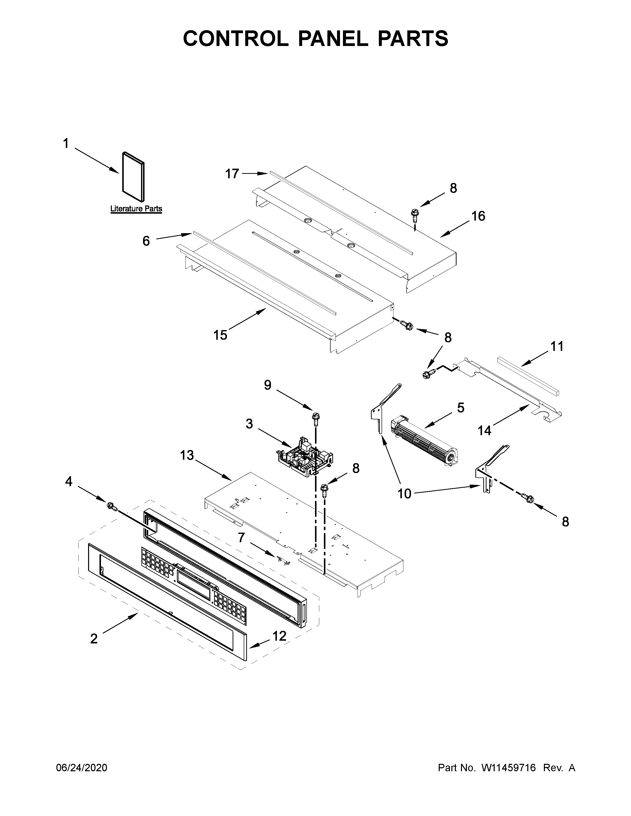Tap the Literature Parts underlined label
(136, 209)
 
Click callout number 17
(232, 174)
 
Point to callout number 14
(485, 431)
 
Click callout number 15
(220, 335)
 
